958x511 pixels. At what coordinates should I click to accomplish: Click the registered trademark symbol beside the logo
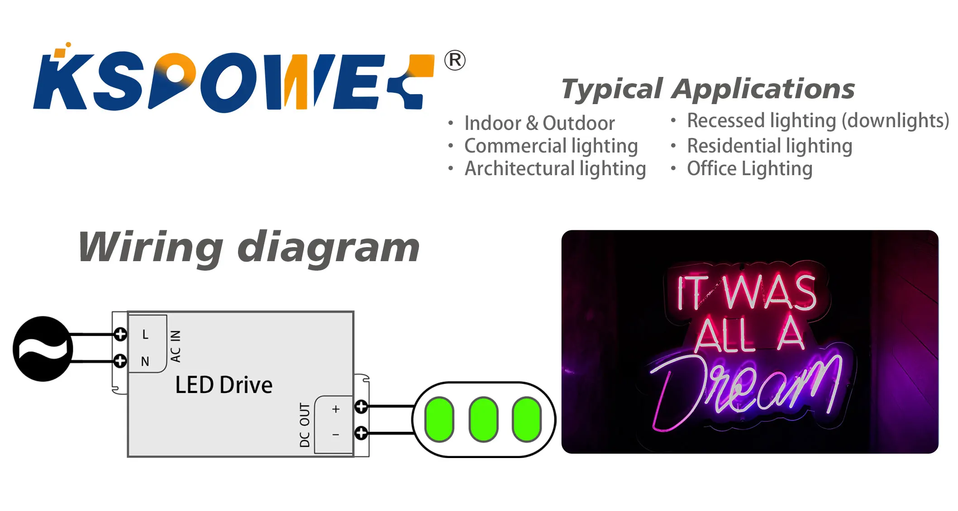[454, 60]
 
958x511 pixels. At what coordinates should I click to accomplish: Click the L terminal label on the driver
[145, 334]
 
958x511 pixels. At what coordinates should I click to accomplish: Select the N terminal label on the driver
[145, 361]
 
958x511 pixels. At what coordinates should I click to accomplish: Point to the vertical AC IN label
[176, 346]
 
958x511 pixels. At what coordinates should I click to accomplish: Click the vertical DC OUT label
[305, 425]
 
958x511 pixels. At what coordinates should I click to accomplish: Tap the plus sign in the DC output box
[336, 409]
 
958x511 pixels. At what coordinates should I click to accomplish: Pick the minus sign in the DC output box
[336, 435]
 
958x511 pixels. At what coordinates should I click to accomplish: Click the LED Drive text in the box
[224, 385]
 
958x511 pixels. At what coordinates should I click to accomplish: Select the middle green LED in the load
[483, 419]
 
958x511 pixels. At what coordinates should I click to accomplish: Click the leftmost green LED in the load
[439, 419]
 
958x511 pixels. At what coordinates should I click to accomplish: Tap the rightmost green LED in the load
[527, 419]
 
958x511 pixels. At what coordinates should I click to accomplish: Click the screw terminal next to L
[120, 334]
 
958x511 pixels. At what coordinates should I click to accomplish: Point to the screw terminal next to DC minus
[361, 433]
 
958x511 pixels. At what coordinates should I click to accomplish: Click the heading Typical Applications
[708, 89]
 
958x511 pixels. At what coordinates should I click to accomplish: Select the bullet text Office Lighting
[749, 169]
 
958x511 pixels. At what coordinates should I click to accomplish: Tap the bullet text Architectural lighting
[555, 169]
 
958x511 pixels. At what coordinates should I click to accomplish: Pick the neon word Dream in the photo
[747, 389]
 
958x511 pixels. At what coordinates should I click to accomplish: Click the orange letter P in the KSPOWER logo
[174, 77]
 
